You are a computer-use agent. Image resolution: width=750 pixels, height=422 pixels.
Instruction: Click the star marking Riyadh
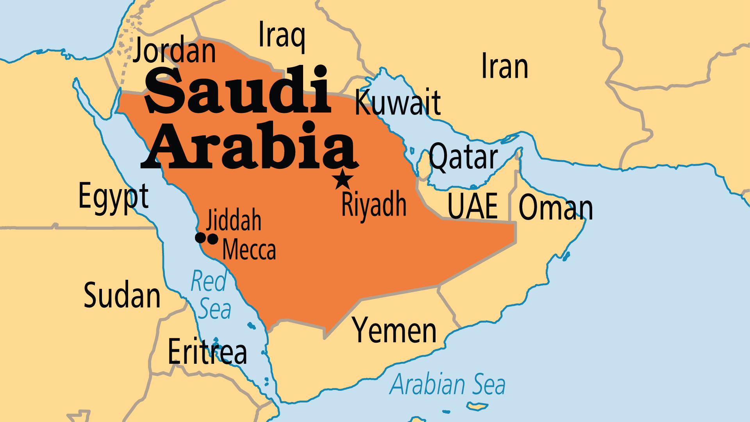(x=343, y=180)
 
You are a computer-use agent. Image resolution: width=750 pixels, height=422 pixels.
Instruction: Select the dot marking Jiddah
(x=200, y=237)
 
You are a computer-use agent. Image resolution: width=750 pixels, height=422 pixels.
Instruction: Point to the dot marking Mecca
(x=213, y=238)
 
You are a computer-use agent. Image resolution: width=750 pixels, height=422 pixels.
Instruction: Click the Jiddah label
(x=234, y=220)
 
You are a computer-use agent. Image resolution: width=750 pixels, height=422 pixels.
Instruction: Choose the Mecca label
(x=249, y=250)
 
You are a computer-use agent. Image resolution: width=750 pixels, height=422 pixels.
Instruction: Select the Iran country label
(x=505, y=66)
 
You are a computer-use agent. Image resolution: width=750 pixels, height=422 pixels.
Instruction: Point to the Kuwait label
(x=398, y=102)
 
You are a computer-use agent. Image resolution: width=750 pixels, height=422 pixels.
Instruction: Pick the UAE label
(x=473, y=206)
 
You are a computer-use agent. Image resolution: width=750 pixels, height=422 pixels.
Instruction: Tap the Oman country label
(x=555, y=208)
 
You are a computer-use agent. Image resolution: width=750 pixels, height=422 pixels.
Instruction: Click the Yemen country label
(x=394, y=331)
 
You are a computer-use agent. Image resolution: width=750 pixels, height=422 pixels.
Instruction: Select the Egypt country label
(x=113, y=197)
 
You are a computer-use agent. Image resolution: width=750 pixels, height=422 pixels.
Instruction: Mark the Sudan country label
(x=122, y=295)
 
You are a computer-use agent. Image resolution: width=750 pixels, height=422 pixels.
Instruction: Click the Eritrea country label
(x=207, y=352)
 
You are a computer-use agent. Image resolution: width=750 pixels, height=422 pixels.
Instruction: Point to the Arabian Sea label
(x=448, y=384)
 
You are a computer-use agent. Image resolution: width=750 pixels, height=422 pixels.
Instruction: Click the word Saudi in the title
(x=237, y=91)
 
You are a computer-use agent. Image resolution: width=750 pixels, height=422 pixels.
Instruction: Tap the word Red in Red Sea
(x=209, y=281)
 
